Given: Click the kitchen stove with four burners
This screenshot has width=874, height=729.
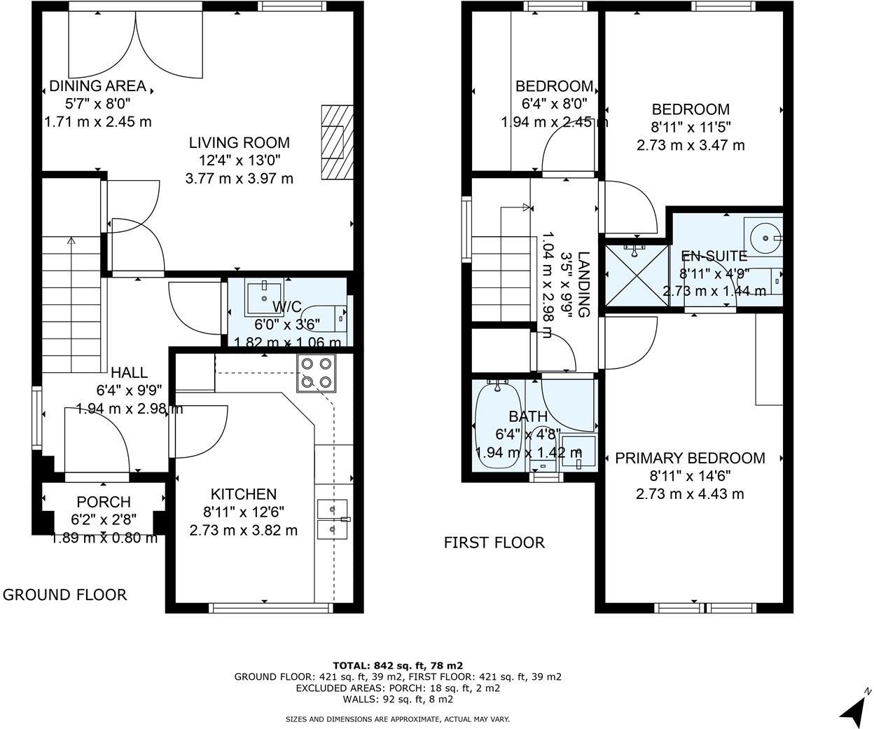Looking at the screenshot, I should tap(316, 373).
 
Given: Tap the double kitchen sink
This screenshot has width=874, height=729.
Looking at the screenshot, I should tap(332, 519).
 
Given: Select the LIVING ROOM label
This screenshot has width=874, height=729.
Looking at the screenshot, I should tap(239, 142).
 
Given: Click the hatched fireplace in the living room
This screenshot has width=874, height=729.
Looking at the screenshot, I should tap(337, 143).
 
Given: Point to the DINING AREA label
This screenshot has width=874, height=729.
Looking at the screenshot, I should tap(97, 86).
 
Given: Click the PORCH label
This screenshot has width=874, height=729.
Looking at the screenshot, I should tap(104, 502).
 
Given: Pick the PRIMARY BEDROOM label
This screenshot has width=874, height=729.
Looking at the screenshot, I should tap(690, 458).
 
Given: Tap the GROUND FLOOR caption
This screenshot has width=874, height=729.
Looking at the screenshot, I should tap(65, 595).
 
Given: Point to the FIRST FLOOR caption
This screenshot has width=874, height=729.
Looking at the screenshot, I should tap(494, 543).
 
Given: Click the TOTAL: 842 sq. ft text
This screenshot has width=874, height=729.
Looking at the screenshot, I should tap(398, 665).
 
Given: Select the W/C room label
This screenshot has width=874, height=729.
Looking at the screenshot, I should tap(286, 307).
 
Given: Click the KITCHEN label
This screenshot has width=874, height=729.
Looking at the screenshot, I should tap(244, 494).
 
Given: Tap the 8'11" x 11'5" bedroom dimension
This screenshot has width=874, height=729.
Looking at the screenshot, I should tap(691, 128).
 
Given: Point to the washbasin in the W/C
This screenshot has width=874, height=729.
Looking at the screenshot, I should tap(263, 298).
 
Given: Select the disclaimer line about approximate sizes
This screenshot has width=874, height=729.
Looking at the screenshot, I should tap(398, 719).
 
